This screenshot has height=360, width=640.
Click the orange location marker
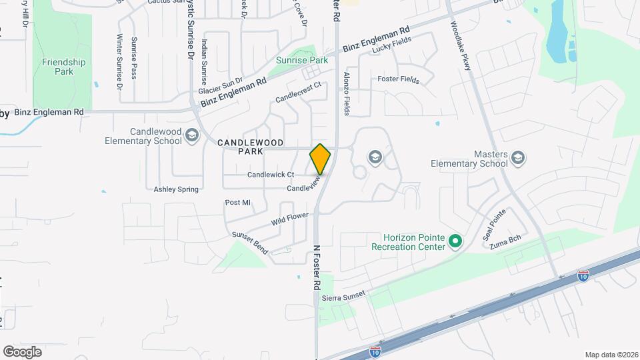(321, 159)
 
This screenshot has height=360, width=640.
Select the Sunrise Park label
(302, 60)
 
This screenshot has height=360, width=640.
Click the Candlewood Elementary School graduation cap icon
(192, 136)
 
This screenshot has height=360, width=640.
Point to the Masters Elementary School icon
(518, 158)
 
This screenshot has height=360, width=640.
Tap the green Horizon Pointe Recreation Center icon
(455, 241)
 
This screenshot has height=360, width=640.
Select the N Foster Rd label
(317, 267)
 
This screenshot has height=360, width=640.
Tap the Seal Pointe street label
(494, 225)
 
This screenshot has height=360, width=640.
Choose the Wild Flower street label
(290, 218)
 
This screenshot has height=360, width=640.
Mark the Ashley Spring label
(176, 189)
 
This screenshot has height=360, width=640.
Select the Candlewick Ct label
(271, 175)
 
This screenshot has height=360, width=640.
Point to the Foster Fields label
(398, 79)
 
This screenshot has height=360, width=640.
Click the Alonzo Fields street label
(347, 94)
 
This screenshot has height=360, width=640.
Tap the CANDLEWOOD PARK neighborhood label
(251, 147)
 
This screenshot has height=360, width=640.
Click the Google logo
(23, 351)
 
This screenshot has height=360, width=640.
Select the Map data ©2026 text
(611, 355)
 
